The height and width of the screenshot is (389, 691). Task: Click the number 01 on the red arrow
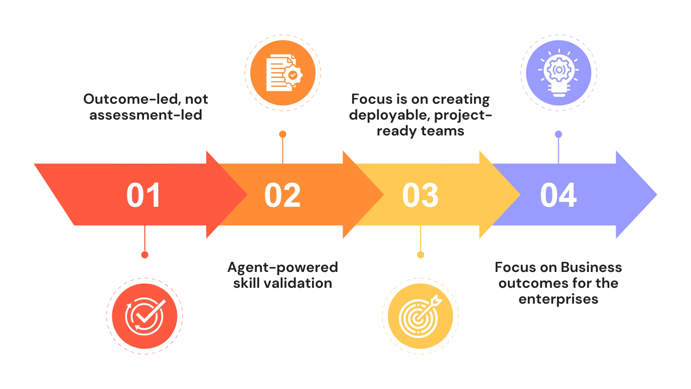143,195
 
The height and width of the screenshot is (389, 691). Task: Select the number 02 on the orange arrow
282,195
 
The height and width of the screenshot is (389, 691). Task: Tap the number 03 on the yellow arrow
420,195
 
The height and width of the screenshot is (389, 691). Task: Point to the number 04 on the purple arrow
558,195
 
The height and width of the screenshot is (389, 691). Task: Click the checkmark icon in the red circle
145,316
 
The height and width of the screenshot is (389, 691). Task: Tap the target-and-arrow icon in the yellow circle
420,316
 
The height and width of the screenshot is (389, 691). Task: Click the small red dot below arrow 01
145,255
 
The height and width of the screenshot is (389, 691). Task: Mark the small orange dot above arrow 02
283,134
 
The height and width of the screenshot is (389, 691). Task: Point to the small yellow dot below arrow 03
420,255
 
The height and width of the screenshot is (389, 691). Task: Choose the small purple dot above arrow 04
558,134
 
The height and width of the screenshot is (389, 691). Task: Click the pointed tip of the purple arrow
657,195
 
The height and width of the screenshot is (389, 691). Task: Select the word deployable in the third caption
389,116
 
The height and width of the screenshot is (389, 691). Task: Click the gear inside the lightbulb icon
558,69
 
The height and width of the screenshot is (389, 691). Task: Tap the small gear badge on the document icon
293,75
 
